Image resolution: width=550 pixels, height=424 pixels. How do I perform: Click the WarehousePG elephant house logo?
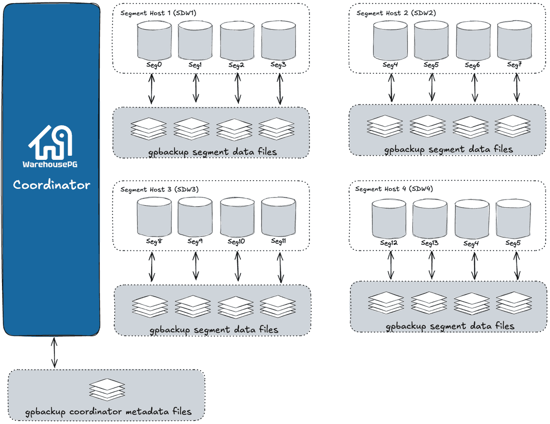[51, 142]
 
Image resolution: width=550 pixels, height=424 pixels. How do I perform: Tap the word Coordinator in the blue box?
[51, 185]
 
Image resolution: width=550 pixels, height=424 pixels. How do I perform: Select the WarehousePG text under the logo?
[51, 164]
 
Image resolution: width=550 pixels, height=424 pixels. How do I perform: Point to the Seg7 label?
[514, 65]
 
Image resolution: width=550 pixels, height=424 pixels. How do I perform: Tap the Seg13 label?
[430, 243]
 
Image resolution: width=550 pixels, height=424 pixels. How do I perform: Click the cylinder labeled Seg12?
[389, 218]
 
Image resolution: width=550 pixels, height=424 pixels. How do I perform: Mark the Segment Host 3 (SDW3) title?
[159, 189]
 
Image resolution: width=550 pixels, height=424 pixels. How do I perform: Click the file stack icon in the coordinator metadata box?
[107, 389]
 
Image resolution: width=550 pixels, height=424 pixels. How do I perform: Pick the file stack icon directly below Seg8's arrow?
[150, 307]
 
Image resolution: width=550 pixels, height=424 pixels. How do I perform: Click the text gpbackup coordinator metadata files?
[108, 411]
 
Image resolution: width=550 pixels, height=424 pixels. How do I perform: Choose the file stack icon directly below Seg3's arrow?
[277, 128]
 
